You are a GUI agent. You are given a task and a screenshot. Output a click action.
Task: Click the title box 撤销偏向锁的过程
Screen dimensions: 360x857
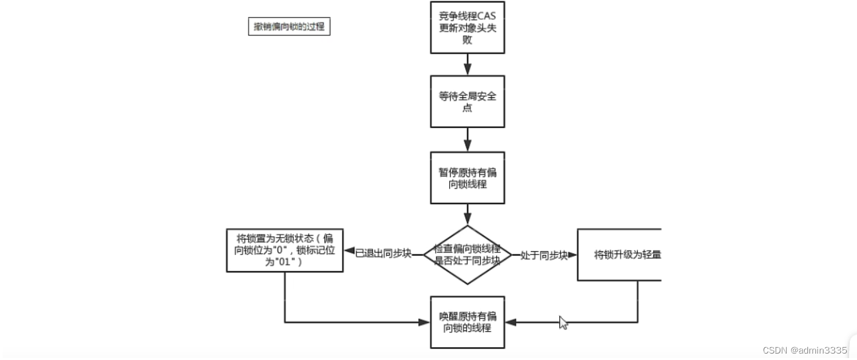pyautogui.click(x=289, y=27)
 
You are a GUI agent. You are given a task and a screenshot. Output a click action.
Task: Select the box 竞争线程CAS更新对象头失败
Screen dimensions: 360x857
pyautogui.click(x=467, y=28)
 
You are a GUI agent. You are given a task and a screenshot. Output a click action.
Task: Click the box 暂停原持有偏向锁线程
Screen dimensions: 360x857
pyautogui.click(x=467, y=178)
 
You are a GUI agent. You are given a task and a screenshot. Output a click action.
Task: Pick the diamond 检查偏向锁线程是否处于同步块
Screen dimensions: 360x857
pyautogui.click(x=467, y=254)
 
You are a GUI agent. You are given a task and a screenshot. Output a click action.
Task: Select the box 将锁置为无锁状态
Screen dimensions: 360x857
pyautogui.click(x=285, y=250)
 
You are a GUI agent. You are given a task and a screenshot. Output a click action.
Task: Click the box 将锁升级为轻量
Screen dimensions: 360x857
pyautogui.click(x=619, y=254)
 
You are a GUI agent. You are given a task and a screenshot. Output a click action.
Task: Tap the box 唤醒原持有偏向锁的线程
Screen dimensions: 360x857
pyautogui.click(x=467, y=322)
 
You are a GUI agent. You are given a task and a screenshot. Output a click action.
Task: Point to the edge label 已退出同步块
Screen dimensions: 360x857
pyautogui.click(x=383, y=254)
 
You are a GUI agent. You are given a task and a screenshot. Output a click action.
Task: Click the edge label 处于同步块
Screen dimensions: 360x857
pyautogui.click(x=544, y=254)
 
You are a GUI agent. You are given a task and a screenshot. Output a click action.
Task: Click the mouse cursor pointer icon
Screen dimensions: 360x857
pyautogui.click(x=563, y=322)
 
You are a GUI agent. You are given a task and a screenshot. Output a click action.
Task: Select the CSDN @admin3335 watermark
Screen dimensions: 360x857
pyautogui.click(x=804, y=350)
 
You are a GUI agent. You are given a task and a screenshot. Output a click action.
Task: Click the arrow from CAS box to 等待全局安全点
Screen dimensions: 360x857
pyautogui.click(x=468, y=64)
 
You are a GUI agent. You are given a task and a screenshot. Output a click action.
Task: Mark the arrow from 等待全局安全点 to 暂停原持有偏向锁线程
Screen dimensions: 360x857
pyautogui.click(x=468, y=139)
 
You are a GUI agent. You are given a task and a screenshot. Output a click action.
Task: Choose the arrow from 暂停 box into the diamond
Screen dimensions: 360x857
pyautogui.click(x=468, y=214)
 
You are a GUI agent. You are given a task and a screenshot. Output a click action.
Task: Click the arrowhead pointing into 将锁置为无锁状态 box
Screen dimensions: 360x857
pyautogui.click(x=349, y=251)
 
